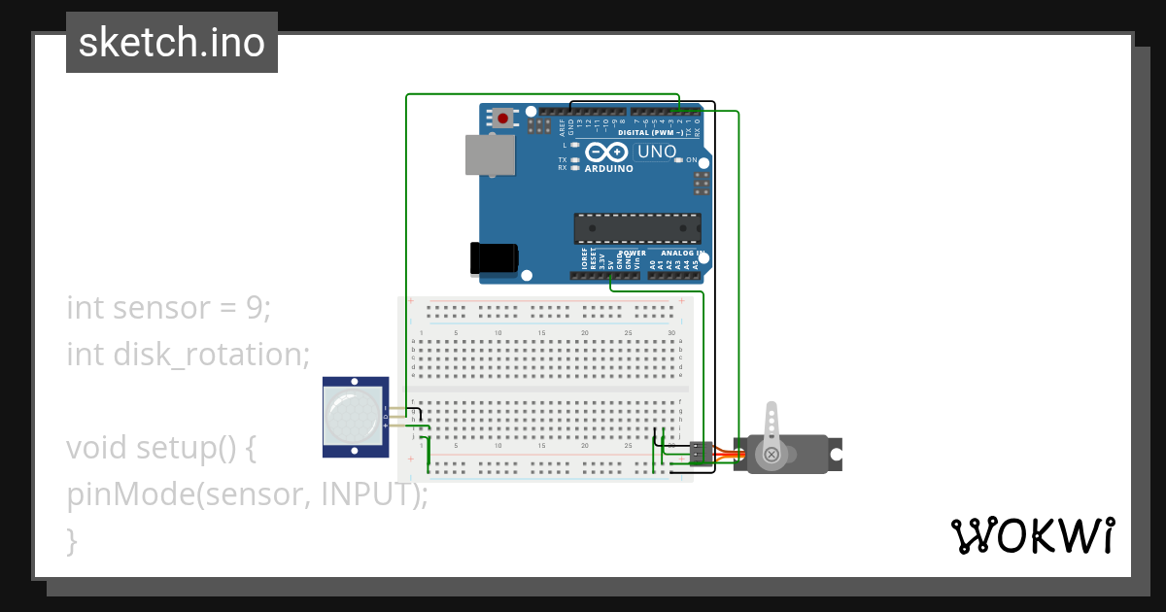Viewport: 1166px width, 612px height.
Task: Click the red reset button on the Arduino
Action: click(502, 119)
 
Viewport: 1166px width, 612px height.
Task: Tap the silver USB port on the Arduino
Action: click(490, 155)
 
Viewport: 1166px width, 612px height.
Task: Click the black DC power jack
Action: click(494, 257)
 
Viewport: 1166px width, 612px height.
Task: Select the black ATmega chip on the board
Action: click(636, 227)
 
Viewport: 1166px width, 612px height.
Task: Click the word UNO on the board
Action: click(657, 152)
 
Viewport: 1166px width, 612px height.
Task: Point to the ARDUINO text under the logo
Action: click(608, 168)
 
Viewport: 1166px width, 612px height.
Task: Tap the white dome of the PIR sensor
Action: click(354, 417)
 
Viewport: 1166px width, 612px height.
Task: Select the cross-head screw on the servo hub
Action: click(772, 454)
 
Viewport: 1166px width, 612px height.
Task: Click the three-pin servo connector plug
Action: click(700, 453)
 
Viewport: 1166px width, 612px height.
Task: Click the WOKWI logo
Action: click(1032, 535)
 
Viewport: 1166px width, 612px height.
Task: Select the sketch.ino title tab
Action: click(172, 43)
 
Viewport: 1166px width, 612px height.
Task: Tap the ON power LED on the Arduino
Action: click(679, 159)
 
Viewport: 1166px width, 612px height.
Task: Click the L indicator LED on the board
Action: click(576, 145)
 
